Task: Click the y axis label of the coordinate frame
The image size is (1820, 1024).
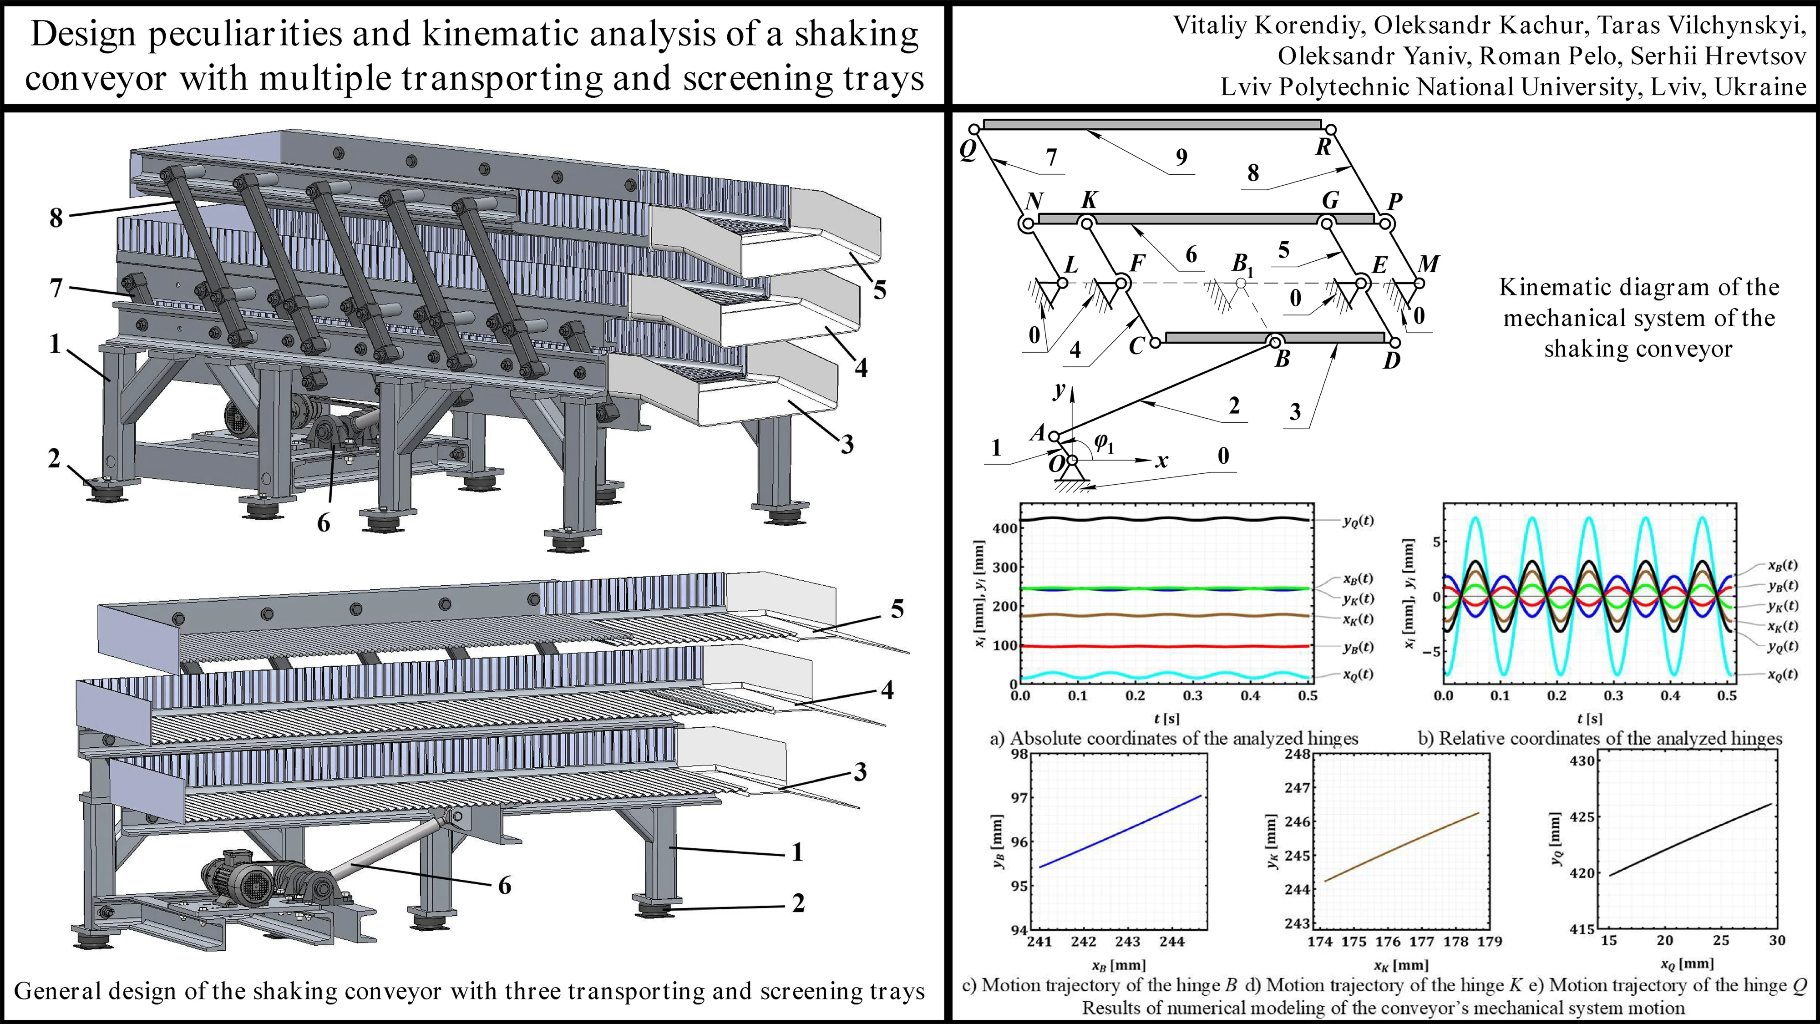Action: tap(1059, 390)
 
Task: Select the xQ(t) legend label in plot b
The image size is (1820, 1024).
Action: tap(1782, 674)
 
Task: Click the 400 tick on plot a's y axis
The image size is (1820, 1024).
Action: tap(1005, 528)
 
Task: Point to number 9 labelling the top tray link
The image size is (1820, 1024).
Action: tap(1181, 157)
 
